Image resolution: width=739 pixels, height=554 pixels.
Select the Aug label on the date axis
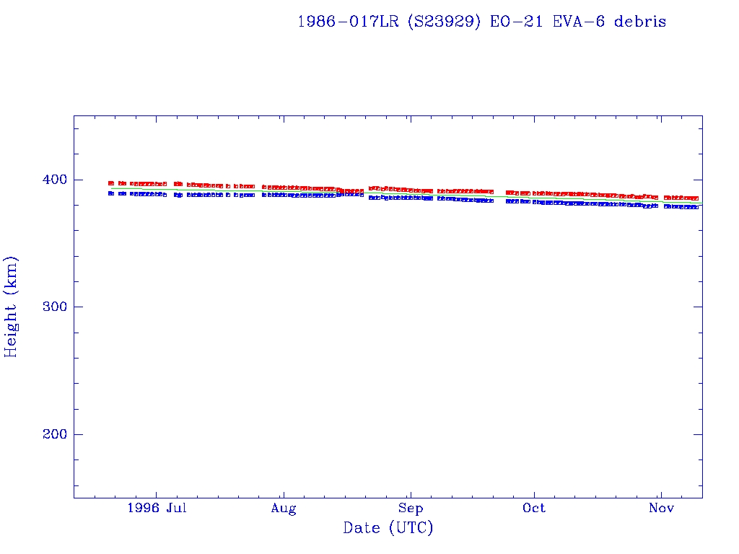284,509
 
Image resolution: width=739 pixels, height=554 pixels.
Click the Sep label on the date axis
410,509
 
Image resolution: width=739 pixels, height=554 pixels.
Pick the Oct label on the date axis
534,509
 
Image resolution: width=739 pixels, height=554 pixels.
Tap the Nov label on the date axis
661,509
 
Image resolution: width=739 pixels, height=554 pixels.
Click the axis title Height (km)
12,307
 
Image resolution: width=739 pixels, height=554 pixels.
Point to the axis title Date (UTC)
388,529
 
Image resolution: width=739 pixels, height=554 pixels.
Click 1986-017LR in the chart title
348,22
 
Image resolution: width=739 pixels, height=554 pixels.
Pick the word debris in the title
640,22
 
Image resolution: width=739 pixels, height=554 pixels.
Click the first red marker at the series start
111,183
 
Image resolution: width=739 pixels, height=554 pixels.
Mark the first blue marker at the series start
111,193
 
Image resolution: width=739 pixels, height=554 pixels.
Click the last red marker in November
696,198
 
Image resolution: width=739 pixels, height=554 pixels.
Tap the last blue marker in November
696,207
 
